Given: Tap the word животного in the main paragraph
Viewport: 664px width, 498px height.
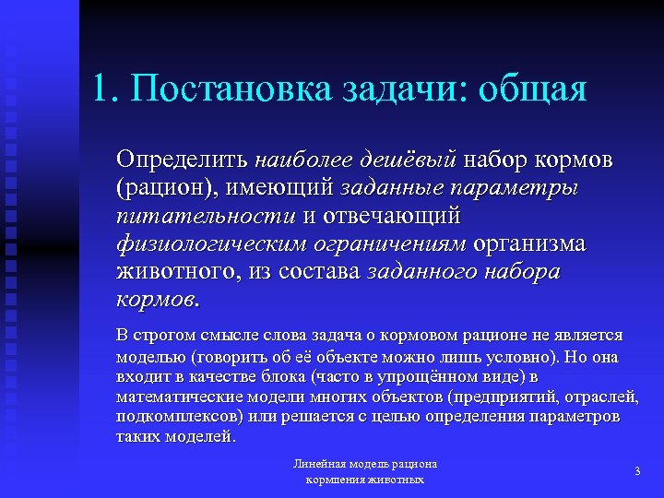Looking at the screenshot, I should coord(177,274).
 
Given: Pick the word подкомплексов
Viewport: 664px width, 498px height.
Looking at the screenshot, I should coord(174,417).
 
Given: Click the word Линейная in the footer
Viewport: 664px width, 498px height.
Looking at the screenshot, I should coord(318,465).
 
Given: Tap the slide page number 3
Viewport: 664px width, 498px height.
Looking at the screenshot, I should coord(637,471).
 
